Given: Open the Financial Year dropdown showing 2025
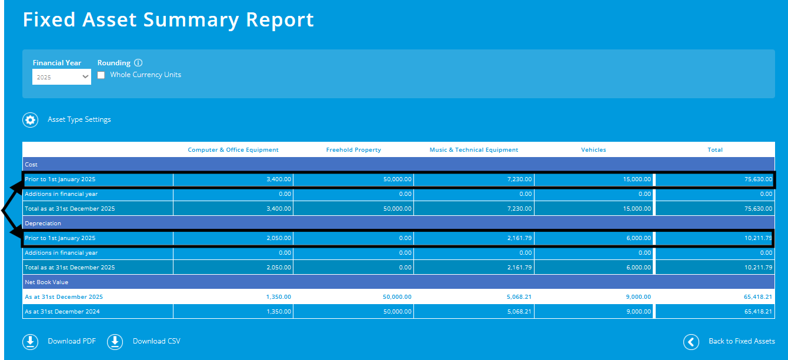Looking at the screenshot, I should (x=61, y=77).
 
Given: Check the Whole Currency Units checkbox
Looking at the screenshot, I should (x=101, y=75).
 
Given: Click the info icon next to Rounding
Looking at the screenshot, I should (x=138, y=63).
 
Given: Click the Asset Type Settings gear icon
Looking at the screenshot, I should (x=30, y=120).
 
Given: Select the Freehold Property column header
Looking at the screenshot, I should (x=353, y=150).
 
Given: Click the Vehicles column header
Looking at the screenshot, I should (x=593, y=150).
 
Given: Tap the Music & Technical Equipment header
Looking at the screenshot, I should (x=474, y=150).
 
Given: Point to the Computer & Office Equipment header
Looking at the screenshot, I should (x=233, y=150).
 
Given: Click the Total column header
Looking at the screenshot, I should (x=715, y=150).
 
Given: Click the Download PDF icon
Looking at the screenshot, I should (x=30, y=342).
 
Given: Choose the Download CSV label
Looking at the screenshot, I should (x=156, y=341).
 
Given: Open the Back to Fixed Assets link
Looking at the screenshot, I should (x=742, y=341).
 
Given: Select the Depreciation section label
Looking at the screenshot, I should (x=43, y=224).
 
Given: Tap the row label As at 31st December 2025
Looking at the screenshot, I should (x=59, y=297).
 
